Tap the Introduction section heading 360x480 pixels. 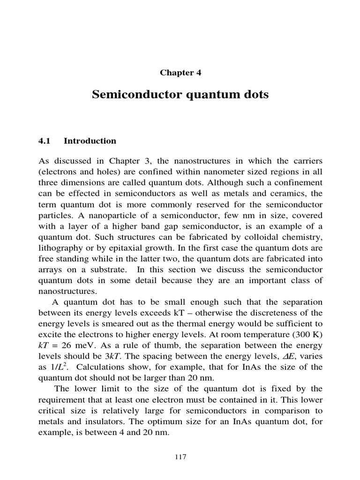(90, 141)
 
